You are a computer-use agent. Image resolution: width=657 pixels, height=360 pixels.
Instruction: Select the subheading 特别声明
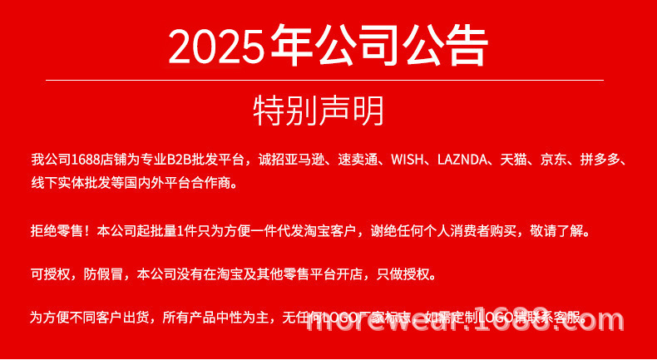[319, 111]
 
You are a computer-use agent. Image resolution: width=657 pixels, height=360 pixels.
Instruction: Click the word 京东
[555, 159]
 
